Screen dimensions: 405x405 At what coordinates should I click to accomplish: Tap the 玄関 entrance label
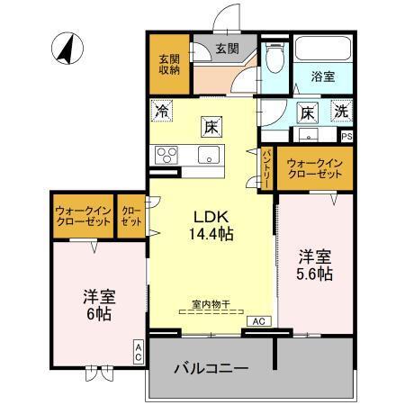pyautogui.click(x=226, y=49)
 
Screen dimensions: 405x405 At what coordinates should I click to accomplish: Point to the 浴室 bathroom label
pyautogui.click(x=323, y=77)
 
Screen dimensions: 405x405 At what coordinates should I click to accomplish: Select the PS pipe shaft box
pyautogui.click(x=346, y=137)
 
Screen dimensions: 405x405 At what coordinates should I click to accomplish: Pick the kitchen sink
pyautogui.click(x=209, y=156)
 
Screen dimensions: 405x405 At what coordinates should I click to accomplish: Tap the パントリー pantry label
pyautogui.click(x=267, y=168)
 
